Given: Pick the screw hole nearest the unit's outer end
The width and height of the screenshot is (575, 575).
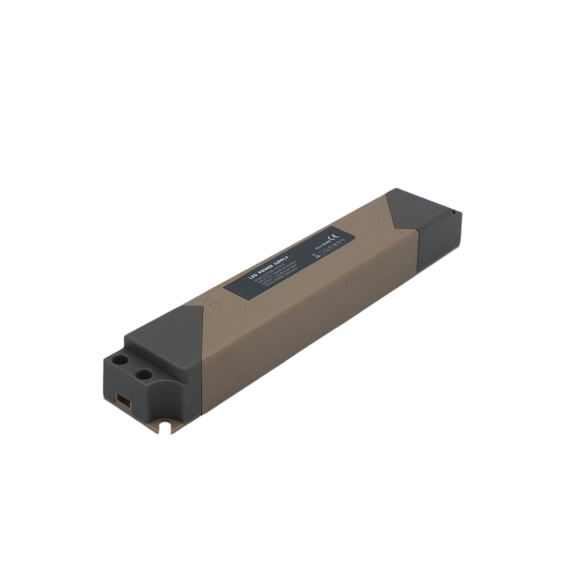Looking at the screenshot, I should (x=119, y=361).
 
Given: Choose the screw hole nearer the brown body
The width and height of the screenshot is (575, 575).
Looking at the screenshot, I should (x=143, y=374).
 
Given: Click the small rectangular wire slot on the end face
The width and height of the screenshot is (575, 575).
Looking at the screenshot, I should (x=124, y=400).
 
